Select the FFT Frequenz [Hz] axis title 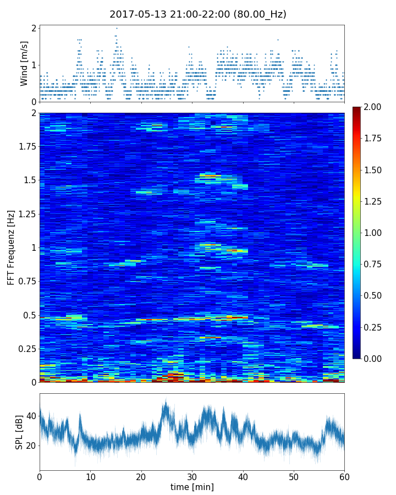12,247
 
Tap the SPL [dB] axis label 19,431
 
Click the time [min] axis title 192,487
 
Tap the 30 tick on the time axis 192,476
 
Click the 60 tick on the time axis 344,476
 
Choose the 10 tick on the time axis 90,476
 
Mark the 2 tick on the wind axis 34,28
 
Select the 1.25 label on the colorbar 372,202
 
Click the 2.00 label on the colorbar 372,107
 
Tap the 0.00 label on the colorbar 372,359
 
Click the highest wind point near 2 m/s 117,28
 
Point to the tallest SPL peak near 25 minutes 166,402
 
